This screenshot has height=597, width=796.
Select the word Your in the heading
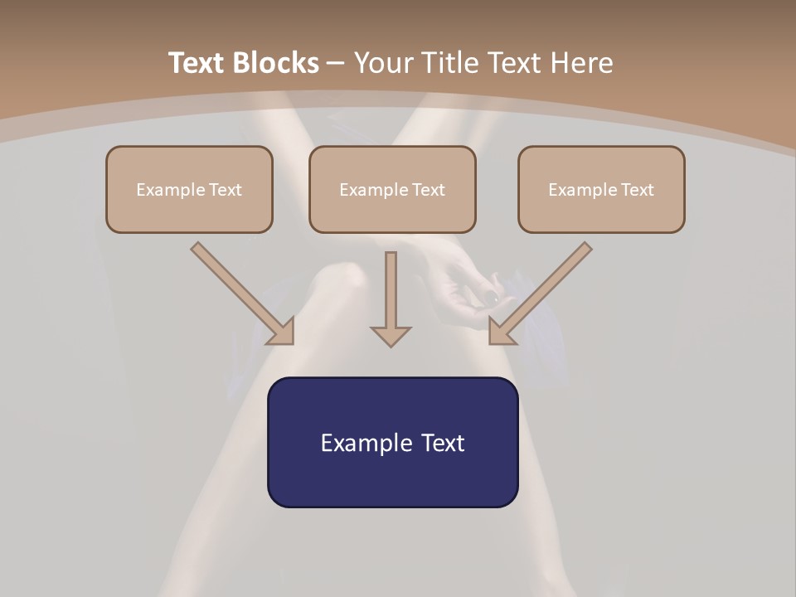[382, 63]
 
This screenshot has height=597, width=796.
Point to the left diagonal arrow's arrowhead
[282, 332]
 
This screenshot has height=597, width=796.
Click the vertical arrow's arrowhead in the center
[391, 336]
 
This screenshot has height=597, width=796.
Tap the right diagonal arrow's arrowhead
[501, 332]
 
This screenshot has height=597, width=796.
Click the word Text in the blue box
[442, 443]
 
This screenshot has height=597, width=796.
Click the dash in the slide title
[336, 63]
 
